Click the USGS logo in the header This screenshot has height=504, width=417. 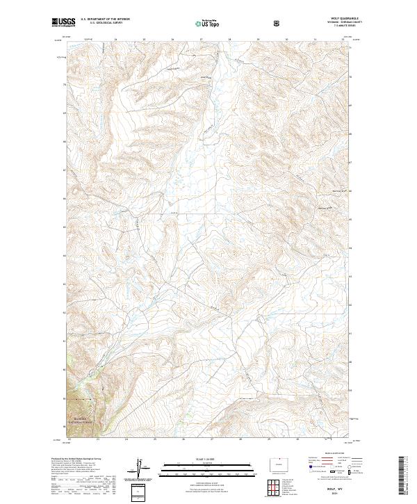pos(64,22)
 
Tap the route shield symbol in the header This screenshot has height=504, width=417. pos(278,23)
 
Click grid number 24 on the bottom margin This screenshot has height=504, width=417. pos(126,439)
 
